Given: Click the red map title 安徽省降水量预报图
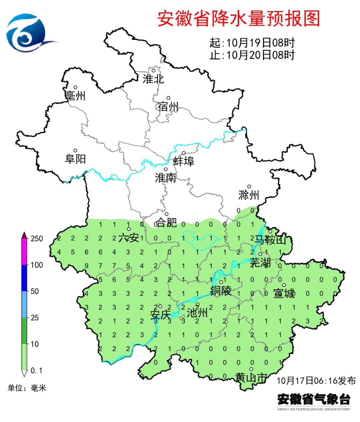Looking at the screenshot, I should pyautogui.click(x=239, y=18).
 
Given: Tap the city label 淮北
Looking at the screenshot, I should pyautogui.click(x=153, y=79).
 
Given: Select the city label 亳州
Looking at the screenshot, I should pyautogui.click(x=75, y=96).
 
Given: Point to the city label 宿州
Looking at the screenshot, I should pyautogui.click(x=168, y=107).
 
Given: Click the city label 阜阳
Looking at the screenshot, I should pyautogui.click(x=75, y=159).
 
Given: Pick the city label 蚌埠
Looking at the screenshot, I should pyautogui.click(x=184, y=161).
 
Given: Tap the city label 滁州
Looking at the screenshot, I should pyautogui.click(x=249, y=195).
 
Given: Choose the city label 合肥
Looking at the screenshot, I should pyautogui.click(x=166, y=223).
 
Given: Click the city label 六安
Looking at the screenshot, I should pyautogui.click(x=129, y=238).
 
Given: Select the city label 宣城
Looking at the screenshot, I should pyautogui.click(x=284, y=294).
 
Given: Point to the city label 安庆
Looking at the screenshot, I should pyautogui.click(x=160, y=315).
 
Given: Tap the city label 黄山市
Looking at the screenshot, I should pyautogui.click(x=251, y=378).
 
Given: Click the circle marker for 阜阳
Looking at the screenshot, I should pyautogui.click(x=76, y=151).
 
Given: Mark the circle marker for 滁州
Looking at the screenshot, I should pyautogui.click(x=249, y=187).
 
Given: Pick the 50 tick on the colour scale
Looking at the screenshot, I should pyautogui.click(x=35, y=291).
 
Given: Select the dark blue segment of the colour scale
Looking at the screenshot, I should pyautogui.click(x=24, y=278).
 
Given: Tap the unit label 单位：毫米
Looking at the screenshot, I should pyautogui.click(x=27, y=388).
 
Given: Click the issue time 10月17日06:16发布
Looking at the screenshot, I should pyautogui.click(x=316, y=381).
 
